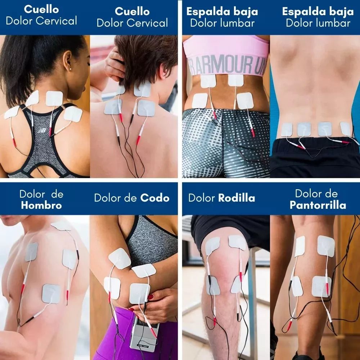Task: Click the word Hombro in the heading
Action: tap(41, 206)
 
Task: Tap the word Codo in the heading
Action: tap(155, 198)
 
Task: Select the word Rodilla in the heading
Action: tap(237, 198)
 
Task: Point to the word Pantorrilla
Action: tap(318, 206)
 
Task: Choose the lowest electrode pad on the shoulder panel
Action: tap(51, 293)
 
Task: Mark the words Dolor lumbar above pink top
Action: tap(222, 23)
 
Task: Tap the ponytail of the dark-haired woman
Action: tap(14, 72)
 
